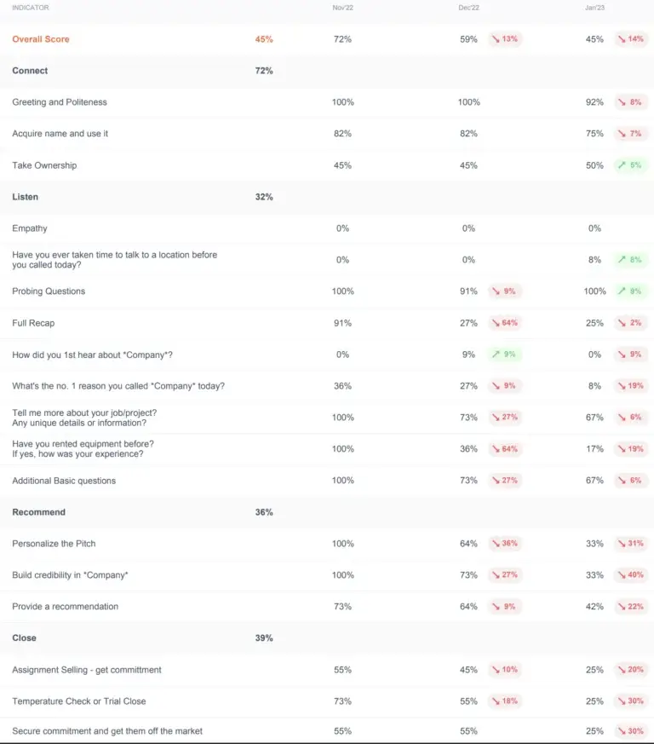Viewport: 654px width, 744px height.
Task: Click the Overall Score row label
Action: click(41, 39)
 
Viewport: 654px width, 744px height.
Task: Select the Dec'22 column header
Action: click(468, 8)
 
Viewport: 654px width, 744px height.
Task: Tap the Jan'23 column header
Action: click(594, 8)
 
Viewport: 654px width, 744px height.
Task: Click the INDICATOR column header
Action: click(31, 8)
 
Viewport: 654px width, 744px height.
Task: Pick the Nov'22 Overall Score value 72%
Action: click(342, 39)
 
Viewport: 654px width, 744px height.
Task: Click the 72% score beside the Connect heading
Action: click(264, 71)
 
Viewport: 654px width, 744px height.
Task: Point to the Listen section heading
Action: click(26, 197)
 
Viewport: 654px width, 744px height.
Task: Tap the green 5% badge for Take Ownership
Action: click(631, 165)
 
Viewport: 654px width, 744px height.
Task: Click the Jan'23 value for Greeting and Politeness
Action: click(594, 102)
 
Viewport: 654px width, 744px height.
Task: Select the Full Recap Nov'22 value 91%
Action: click(342, 323)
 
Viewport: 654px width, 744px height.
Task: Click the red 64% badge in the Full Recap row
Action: click(505, 323)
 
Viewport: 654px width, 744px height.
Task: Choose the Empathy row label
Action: click(30, 228)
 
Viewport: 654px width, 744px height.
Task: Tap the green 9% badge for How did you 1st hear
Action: click(505, 355)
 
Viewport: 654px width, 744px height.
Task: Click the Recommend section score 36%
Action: click(264, 512)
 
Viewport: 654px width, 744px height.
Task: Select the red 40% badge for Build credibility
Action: click(631, 575)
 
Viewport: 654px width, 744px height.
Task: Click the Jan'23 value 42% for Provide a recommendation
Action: click(594, 607)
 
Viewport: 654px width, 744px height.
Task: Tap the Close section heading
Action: click(24, 638)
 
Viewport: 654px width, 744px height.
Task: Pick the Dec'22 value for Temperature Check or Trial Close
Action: click(468, 701)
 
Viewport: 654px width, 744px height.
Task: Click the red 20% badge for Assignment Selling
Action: click(631, 670)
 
